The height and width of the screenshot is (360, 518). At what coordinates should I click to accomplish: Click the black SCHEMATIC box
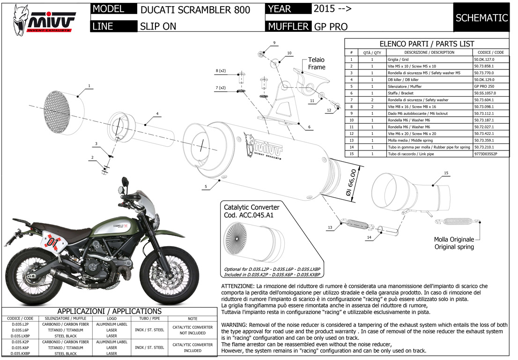(x=481, y=18)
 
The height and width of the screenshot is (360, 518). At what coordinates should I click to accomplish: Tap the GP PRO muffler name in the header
(x=331, y=26)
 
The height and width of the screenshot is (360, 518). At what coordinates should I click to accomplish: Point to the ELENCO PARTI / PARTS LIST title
(x=427, y=44)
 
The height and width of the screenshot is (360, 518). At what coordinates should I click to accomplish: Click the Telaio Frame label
(x=317, y=64)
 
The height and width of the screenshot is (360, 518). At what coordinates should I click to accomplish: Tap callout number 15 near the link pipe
(x=446, y=173)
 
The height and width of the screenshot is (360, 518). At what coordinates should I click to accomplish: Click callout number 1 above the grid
(x=89, y=86)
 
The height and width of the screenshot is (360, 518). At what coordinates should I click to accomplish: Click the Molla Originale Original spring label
(x=454, y=243)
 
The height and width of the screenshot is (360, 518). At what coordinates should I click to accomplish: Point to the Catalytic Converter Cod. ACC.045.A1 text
(x=252, y=210)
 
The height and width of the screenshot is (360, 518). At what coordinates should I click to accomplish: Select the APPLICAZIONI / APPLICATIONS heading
(x=109, y=311)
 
